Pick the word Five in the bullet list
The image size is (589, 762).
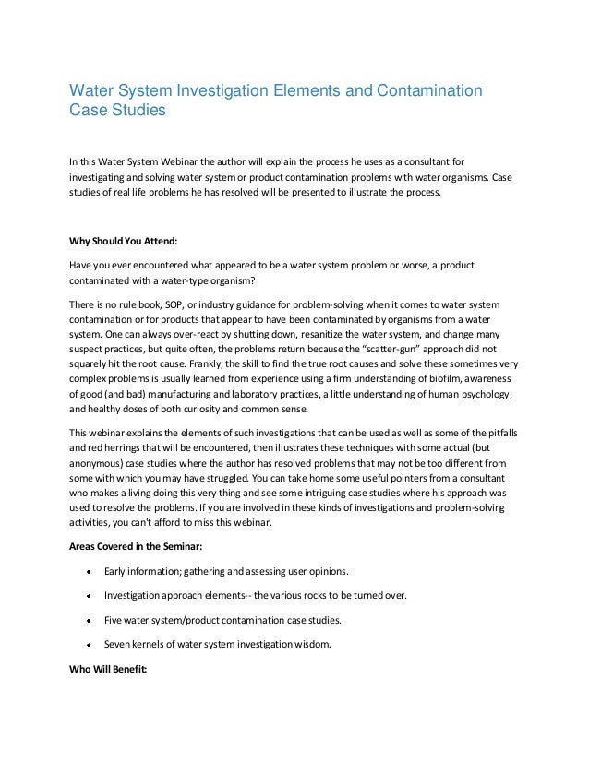coord(116,617)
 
